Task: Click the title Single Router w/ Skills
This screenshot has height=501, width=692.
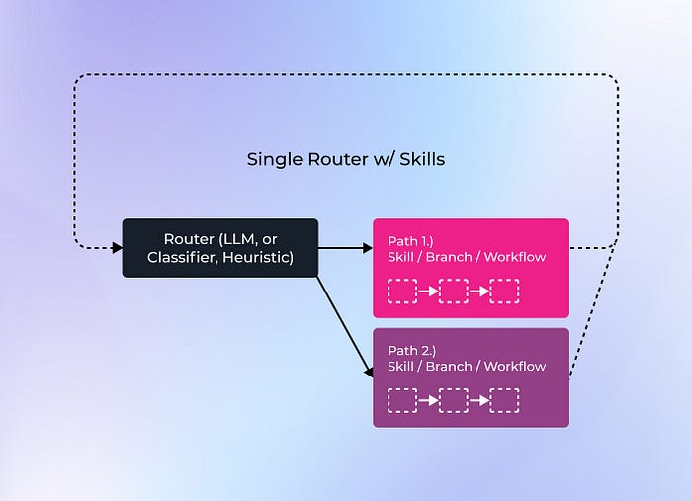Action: [346, 160]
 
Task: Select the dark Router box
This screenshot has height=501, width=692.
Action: [220, 248]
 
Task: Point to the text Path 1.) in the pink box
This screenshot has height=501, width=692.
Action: [410, 241]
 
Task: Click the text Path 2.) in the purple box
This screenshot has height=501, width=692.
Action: [412, 351]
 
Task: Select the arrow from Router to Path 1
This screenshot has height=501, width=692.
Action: [346, 248]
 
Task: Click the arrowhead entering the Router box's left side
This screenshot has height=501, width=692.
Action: [118, 248]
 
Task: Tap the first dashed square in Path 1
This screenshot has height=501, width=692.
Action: [402, 292]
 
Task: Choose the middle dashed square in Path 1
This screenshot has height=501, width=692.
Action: [454, 292]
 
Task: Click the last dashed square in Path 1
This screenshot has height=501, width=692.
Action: [505, 292]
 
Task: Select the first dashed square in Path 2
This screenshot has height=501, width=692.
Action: [402, 400]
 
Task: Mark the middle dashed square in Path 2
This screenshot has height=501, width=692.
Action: [454, 400]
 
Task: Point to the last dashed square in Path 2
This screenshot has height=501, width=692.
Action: [505, 400]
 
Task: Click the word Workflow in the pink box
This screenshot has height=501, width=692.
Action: [515, 257]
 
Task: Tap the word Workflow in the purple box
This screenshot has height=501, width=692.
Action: [515, 367]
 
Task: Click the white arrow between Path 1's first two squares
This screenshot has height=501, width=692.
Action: [428, 292]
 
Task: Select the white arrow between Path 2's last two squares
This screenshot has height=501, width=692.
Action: [479, 400]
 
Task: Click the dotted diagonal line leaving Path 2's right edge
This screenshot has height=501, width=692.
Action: [592, 310]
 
